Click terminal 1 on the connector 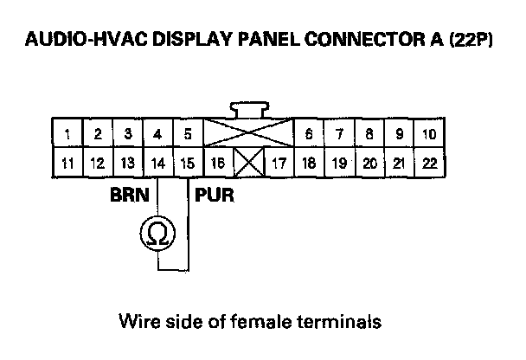[x=67, y=134]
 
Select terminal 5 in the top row [x=187, y=134]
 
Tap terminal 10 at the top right [x=428, y=134]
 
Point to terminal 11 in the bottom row [x=67, y=162]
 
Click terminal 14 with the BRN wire [x=157, y=162]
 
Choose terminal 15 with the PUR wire [x=187, y=162]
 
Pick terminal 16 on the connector [x=217, y=162]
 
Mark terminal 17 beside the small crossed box [x=279, y=162]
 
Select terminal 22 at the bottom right [x=428, y=162]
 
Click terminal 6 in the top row [x=308, y=134]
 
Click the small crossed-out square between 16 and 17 [x=248, y=162]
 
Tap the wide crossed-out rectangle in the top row [x=247, y=134]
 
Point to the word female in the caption [x=270, y=322]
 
